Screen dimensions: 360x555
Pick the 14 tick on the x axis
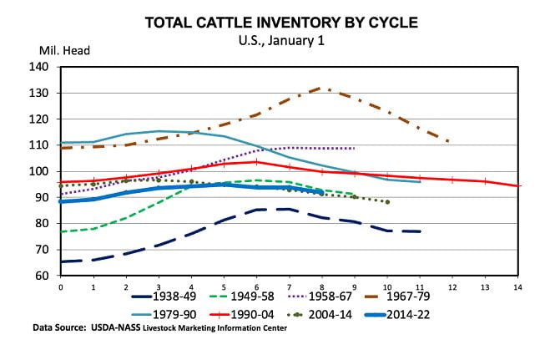pos(518,286)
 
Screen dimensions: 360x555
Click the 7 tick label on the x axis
pos(290,286)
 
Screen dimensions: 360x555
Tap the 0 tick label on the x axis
pos(61,286)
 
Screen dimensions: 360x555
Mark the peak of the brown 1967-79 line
pos(322,88)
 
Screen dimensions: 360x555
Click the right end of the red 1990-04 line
pos(518,185)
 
